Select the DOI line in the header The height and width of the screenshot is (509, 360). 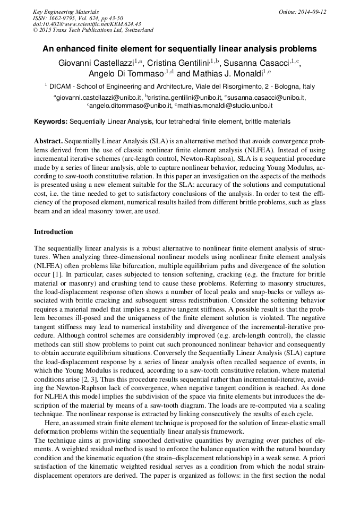pos(87,24)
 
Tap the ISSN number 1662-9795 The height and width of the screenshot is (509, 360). pos(67,18)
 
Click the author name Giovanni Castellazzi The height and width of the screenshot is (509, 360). pos(96,63)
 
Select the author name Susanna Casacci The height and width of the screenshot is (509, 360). pos(255,63)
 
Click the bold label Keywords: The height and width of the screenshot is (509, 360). pos(51,122)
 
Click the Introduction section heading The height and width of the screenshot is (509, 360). pos(53,232)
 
